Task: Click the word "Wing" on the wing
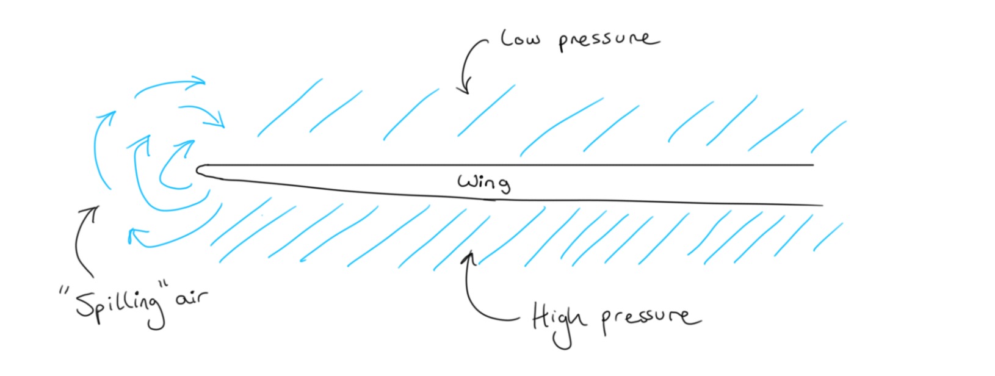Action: pos(484,182)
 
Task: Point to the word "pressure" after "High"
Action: pos(650,317)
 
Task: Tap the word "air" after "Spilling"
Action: pos(192,298)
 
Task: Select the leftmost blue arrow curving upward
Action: pos(101,146)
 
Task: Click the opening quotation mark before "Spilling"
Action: pos(64,291)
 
